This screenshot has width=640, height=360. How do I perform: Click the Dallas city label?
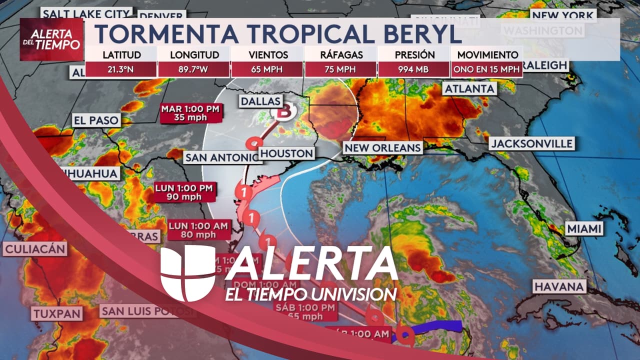(x=260, y=101)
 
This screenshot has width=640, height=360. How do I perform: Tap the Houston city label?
(x=287, y=153)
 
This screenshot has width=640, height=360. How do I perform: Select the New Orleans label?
(x=382, y=147)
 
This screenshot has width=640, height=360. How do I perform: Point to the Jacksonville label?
(x=531, y=144)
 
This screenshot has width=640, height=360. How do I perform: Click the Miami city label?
(x=584, y=229)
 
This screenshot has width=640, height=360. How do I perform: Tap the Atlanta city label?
(x=469, y=88)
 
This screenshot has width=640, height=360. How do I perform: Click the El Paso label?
(x=96, y=120)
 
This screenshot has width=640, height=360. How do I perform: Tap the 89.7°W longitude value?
(x=194, y=69)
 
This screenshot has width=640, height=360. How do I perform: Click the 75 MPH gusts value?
(x=340, y=69)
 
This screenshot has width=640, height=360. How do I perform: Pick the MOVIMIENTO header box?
(x=486, y=55)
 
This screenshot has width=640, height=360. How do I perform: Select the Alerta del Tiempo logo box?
(x=51, y=39)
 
